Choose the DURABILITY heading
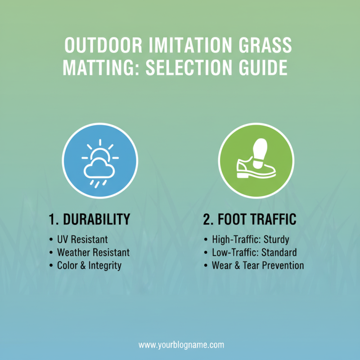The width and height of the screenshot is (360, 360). point(97,220)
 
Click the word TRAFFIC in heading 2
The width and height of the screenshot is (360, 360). point(274,220)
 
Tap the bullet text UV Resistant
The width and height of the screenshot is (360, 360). point(82,239)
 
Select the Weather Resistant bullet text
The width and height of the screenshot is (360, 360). point(93,252)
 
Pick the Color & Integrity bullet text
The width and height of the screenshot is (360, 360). point(89,265)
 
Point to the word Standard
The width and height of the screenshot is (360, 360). point(279,252)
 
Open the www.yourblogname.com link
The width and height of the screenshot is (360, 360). point(181,345)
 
